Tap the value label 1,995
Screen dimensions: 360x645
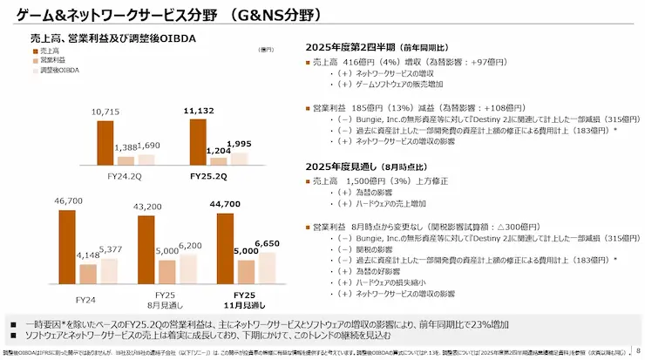(x=238, y=143)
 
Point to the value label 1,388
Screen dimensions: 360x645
(x=126, y=148)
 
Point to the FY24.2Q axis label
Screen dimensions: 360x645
(x=126, y=174)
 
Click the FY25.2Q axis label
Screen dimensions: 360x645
(x=209, y=174)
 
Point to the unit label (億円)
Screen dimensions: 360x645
(x=267, y=50)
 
